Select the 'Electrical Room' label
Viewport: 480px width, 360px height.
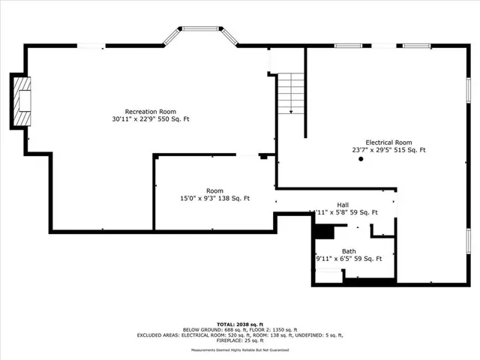(x=388, y=142)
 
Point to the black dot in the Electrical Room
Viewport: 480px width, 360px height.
(x=361, y=159)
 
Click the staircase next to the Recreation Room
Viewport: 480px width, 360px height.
(x=290, y=94)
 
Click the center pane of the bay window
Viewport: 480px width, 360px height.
(x=200, y=30)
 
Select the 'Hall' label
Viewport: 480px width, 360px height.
(x=342, y=205)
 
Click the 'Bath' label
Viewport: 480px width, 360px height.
(x=349, y=251)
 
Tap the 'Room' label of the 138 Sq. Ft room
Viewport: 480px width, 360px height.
(x=214, y=190)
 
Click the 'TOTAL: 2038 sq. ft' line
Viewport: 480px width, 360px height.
(x=239, y=324)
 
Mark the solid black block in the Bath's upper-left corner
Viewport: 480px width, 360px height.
(x=323, y=232)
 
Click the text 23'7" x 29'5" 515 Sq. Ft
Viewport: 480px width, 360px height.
(x=388, y=150)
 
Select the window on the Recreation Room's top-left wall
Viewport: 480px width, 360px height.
(x=91, y=46)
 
